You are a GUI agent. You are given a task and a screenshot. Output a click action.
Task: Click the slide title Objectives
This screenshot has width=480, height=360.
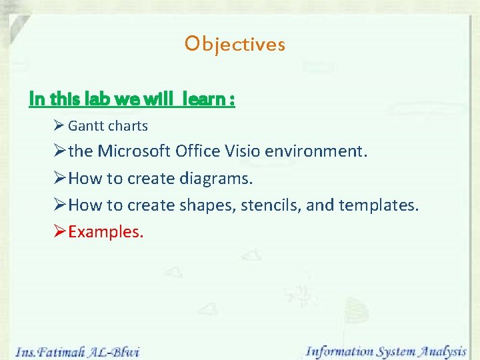(x=235, y=44)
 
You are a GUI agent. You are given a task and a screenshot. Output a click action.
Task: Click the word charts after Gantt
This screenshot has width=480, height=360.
(x=127, y=125)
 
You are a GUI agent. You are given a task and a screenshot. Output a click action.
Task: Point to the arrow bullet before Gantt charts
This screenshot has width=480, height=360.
(x=59, y=125)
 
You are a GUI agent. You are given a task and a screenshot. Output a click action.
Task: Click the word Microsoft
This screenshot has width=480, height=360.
(x=134, y=151)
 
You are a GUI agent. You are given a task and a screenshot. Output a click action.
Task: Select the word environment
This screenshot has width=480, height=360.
(x=319, y=151)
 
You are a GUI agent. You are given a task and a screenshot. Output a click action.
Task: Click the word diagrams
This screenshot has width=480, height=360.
(x=217, y=179)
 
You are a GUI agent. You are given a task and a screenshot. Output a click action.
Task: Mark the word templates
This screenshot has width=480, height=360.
(x=379, y=206)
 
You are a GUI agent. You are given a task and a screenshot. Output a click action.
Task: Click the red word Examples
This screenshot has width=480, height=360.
(x=105, y=232)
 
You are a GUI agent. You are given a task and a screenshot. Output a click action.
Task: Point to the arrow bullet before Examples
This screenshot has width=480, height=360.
(x=59, y=232)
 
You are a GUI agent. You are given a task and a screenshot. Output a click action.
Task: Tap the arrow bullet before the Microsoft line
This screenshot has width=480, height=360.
(x=59, y=151)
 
